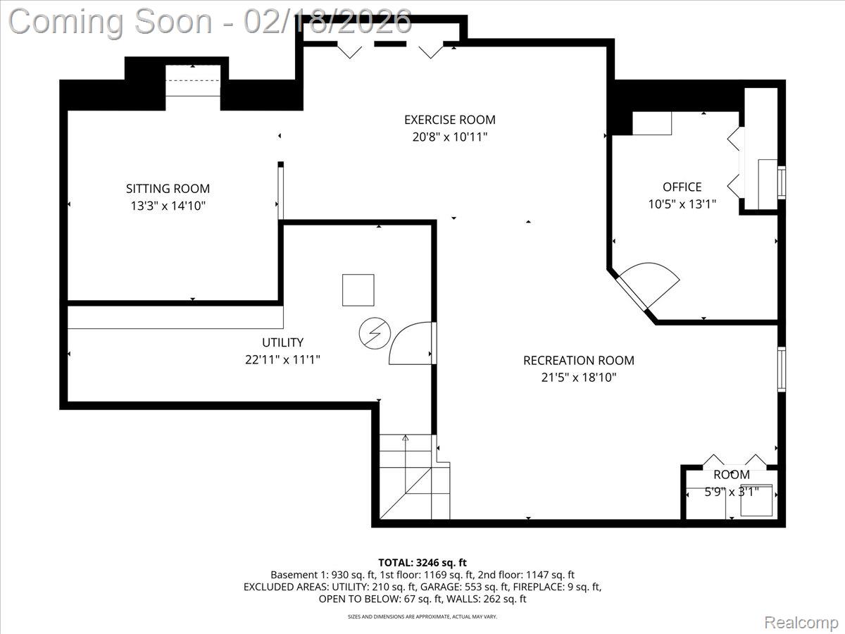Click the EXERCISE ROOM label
pos(449,120)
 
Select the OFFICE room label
pos(682,187)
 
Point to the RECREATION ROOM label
pos(578,361)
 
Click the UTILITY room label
pos(282,342)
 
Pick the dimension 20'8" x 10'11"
pos(449,137)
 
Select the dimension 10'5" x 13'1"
pos(682,204)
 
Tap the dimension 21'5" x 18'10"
pos(578,378)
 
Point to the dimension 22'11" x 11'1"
pos(282,359)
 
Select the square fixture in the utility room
pos(358,290)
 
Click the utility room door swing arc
pos(410,342)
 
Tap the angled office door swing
pos(651,282)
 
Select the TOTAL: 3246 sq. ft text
pos(423,562)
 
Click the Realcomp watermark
pos(801,622)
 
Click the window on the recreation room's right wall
pos(781,369)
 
